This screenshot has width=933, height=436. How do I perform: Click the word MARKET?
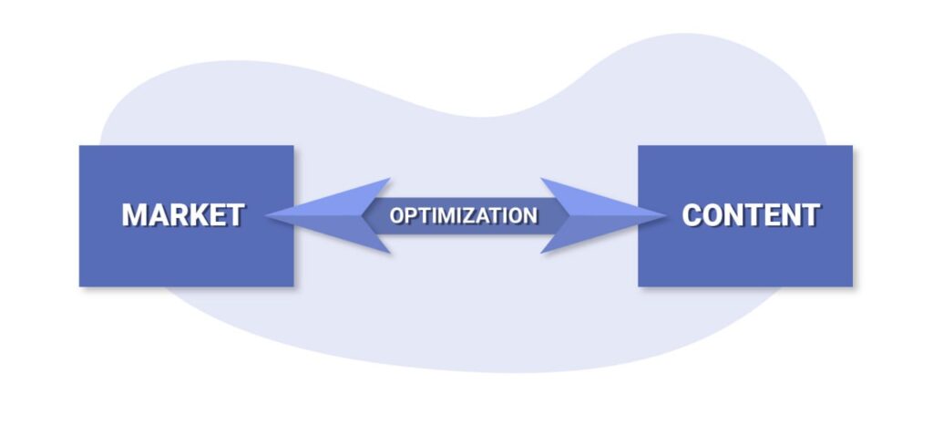point(183,215)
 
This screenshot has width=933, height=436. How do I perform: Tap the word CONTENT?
point(751,215)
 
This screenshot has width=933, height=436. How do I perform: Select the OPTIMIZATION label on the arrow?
point(464,216)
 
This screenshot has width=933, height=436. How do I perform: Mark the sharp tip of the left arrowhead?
point(265,216)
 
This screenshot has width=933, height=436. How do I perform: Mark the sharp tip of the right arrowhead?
point(665,216)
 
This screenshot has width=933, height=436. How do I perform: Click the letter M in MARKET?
point(134,215)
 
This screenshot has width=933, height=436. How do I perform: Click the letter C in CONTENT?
point(692,215)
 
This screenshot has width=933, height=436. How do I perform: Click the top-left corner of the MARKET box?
point(80,146)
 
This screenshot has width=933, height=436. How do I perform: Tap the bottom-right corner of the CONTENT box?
point(852,285)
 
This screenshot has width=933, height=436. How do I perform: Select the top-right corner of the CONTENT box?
point(852,146)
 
